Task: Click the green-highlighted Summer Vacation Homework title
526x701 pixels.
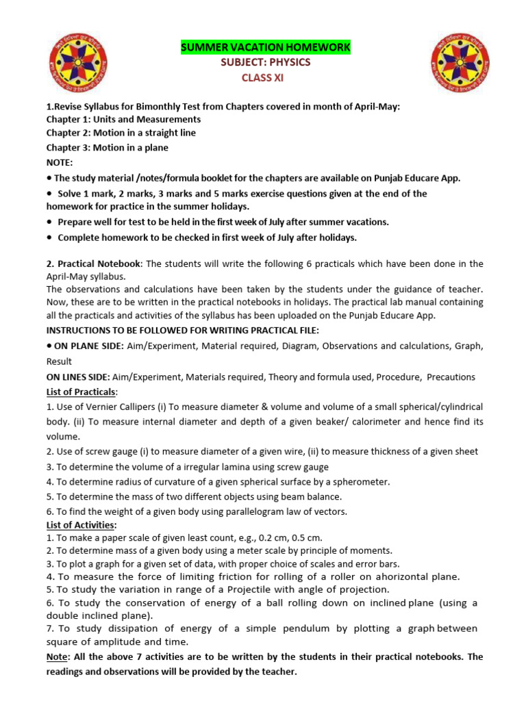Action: tap(265, 47)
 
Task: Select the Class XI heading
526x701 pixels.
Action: tap(262, 77)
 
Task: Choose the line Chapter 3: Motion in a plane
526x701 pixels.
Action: tap(107, 148)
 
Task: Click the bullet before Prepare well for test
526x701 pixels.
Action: tap(50, 222)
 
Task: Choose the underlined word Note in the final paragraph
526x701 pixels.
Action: tap(58, 657)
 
